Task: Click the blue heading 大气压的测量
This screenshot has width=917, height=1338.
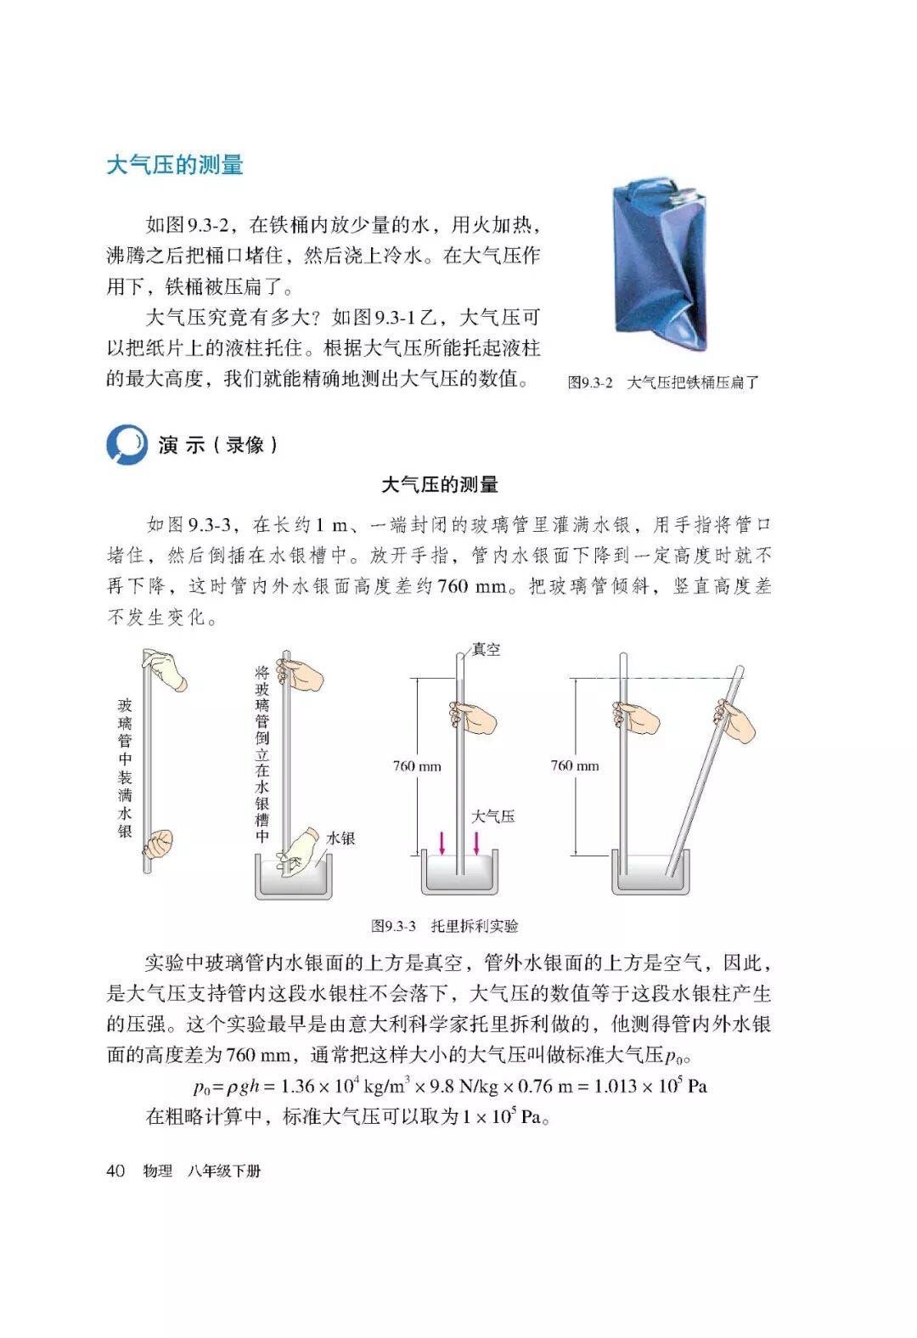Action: tap(175, 165)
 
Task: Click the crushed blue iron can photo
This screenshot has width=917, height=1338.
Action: tap(659, 264)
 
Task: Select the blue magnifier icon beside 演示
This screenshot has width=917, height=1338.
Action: tap(127, 444)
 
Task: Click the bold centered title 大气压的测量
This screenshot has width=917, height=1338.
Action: tap(440, 484)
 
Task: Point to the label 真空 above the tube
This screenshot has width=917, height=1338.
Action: tap(486, 649)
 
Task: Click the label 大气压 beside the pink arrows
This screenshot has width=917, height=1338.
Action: tap(492, 816)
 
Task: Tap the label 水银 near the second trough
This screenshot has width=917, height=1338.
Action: tap(340, 838)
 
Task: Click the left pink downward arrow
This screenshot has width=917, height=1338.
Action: tap(442, 842)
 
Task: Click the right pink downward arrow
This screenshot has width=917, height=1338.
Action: tap(476, 842)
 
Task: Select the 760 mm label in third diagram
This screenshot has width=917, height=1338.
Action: tap(417, 766)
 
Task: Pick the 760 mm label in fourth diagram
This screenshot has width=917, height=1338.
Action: tap(575, 765)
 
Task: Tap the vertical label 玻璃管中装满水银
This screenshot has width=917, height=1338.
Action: tap(125, 768)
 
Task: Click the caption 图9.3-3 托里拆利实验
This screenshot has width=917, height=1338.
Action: tap(444, 926)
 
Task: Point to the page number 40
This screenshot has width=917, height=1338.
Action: tap(115, 1171)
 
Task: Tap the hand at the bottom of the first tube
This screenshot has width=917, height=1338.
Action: tap(158, 844)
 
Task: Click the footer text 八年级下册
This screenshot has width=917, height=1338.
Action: tap(224, 1171)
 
